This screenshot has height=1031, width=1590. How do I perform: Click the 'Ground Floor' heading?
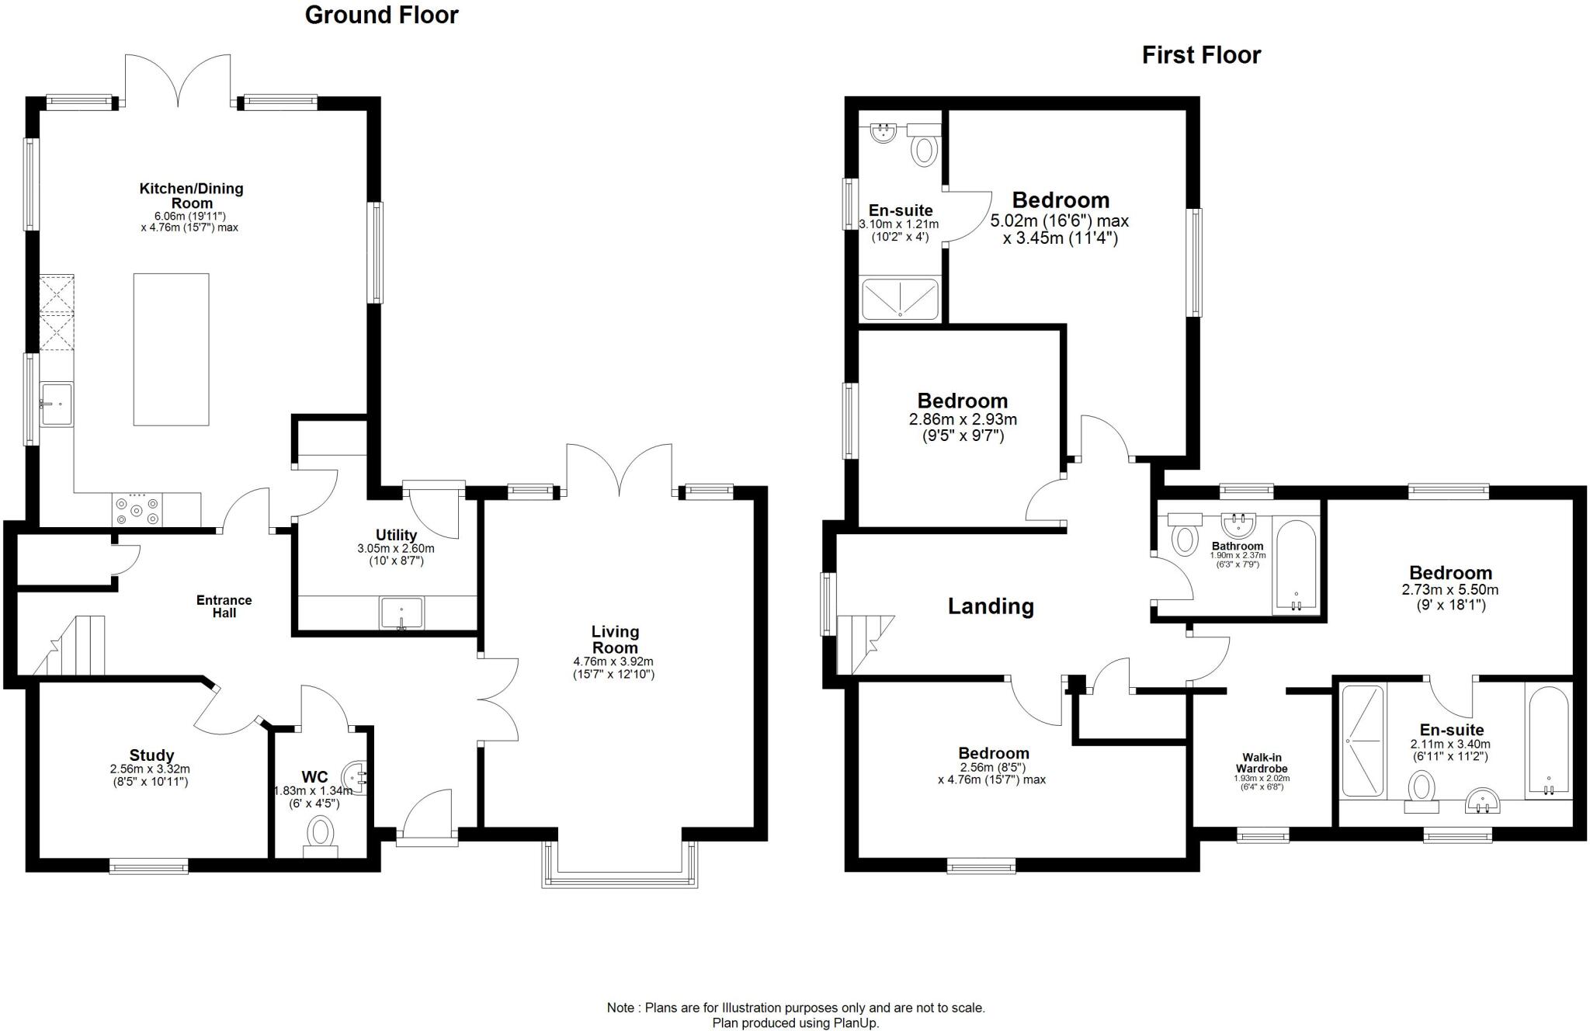381,15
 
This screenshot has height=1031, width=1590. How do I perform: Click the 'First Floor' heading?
1200,55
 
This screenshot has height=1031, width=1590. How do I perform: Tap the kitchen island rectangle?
171,349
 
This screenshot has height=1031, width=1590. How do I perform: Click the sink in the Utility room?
401,613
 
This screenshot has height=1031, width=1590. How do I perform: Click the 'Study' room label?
151,755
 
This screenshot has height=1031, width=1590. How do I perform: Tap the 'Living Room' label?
615,640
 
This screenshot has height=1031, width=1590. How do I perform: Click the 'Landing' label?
991,606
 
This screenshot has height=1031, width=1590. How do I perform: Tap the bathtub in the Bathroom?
1295,567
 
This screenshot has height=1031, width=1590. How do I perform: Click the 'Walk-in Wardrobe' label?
1262,763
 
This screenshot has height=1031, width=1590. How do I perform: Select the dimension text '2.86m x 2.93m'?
963,420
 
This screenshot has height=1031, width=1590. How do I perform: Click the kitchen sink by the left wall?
57,404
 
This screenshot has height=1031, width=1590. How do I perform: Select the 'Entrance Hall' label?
224,606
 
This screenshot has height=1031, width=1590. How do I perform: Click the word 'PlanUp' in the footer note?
855,1023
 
